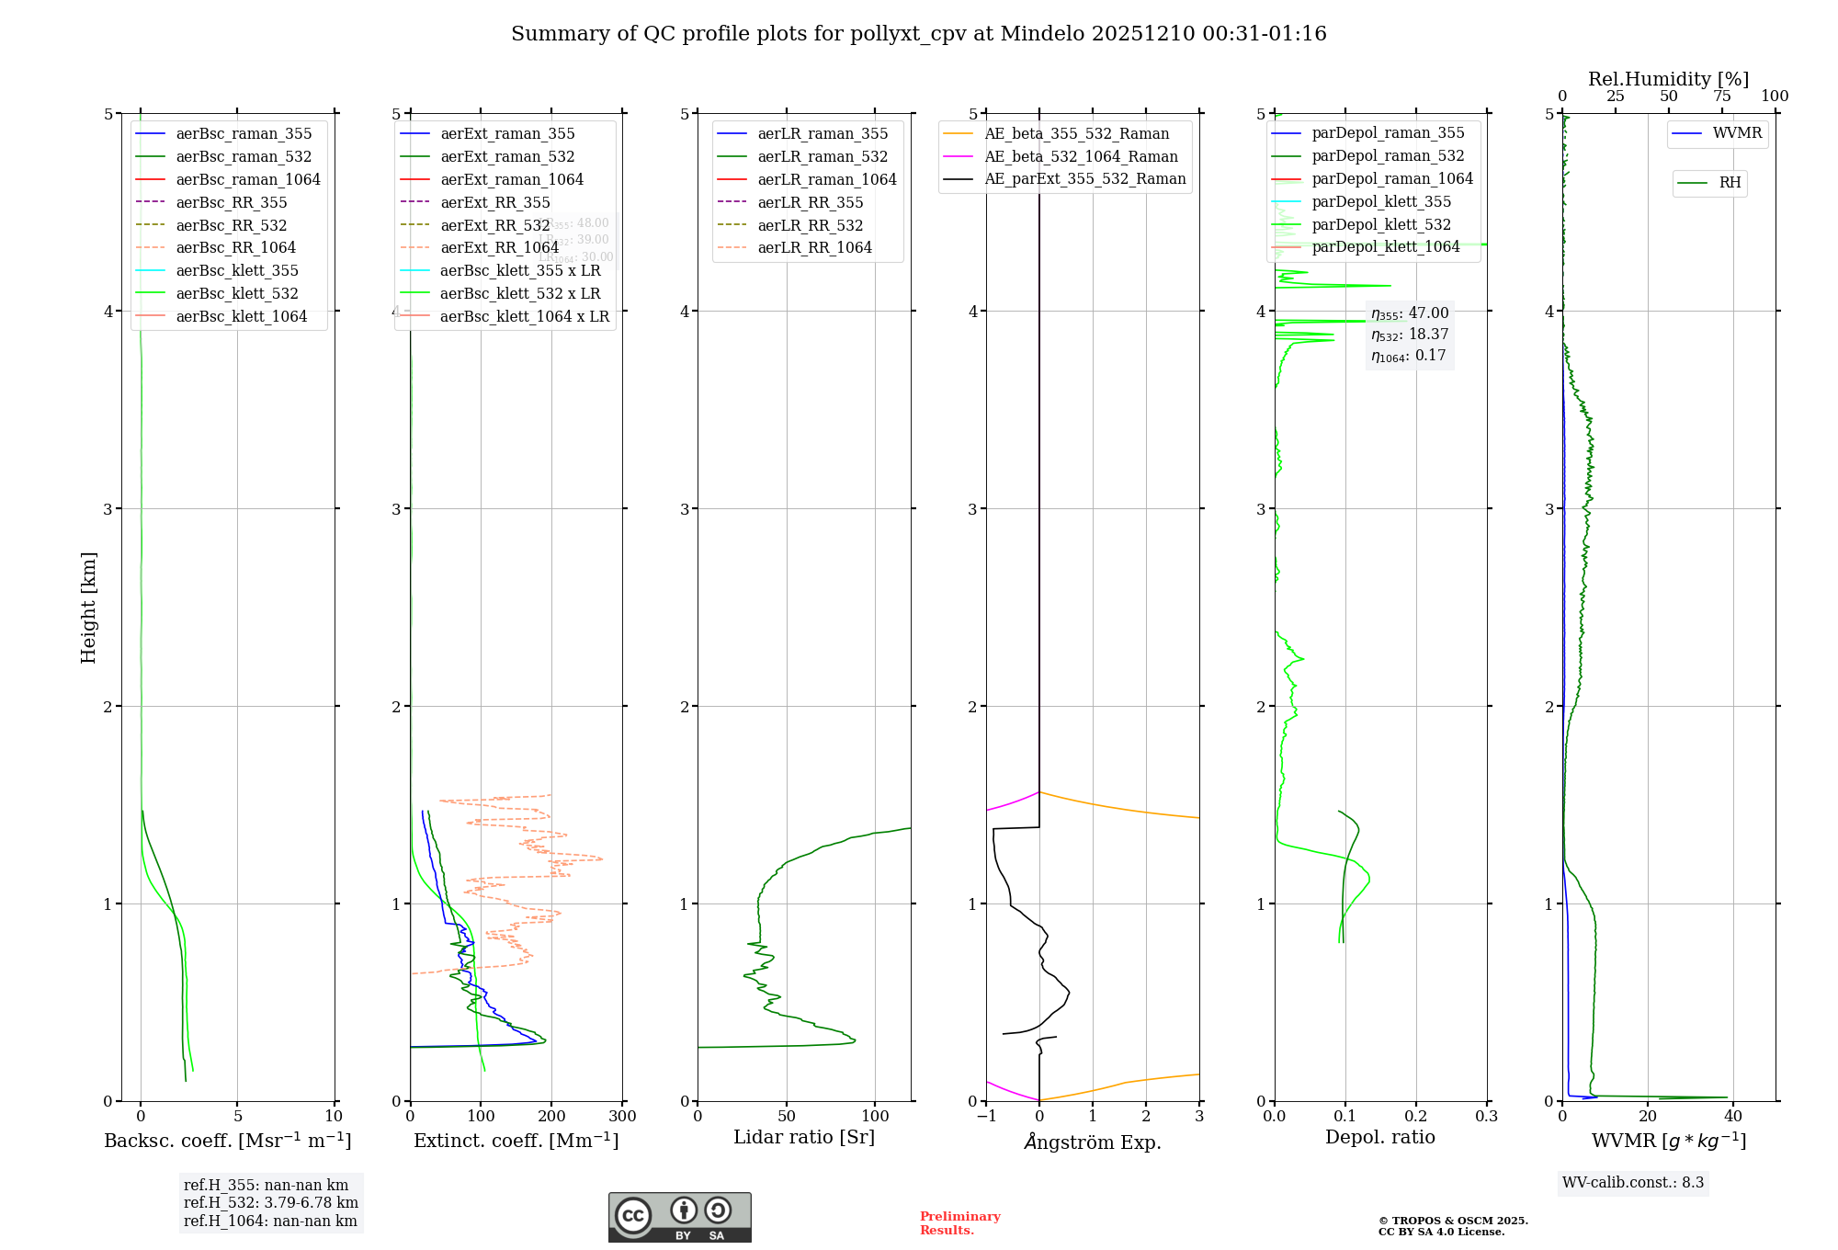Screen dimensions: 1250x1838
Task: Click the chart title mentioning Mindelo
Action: tap(918, 34)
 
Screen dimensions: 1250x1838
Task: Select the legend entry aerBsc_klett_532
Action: tap(237, 294)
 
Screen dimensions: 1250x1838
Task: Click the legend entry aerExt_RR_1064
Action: tap(499, 248)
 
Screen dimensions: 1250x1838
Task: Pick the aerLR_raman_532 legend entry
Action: tap(823, 157)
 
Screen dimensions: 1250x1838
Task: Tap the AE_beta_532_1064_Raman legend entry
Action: tap(1081, 157)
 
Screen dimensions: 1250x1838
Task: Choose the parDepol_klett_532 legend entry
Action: tap(1381, 225)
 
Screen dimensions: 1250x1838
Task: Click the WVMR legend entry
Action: tap(1737, 134)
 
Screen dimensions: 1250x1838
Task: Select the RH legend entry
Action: tap(1730, 183)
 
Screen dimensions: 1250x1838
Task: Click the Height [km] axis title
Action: tap(88, 608)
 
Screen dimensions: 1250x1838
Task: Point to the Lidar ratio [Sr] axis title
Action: tap(804, 1138)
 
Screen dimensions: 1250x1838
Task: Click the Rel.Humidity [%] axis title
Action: tap(1668, 79)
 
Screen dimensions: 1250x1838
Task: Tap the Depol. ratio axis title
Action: tap(1379, 1138)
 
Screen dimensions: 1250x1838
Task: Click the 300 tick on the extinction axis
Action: tap(622, 1117)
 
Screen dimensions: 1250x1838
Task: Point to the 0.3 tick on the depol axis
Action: tap(1486, 1117)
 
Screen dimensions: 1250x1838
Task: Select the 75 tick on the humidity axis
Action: tap(1721, 97)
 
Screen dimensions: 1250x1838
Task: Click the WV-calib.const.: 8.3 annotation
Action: tap(1633, 1183)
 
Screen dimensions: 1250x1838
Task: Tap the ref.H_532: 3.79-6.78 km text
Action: tap(271, 1203)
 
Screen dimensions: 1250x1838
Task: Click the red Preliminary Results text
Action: tap(959, 1223)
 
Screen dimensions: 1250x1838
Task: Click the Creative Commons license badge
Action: tap(679, 1218)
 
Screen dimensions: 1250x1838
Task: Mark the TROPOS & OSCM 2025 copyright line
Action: tap(1453, 1222)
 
